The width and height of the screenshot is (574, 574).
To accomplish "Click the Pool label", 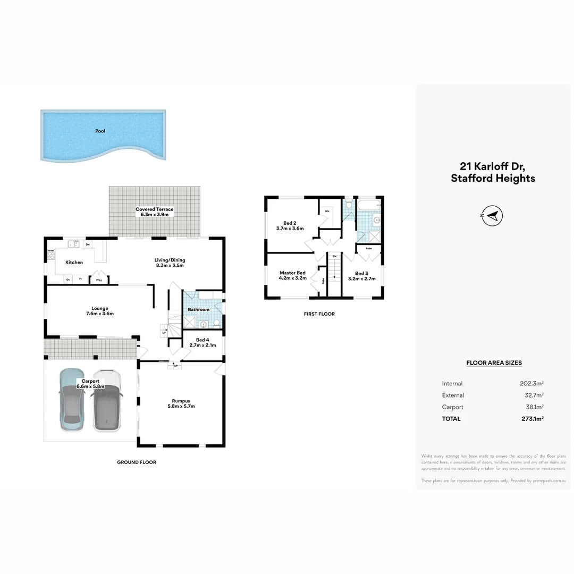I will (100, 131).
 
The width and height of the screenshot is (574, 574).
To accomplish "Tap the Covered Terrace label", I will (155, 212).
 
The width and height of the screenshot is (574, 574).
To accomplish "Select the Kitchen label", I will (74, 263).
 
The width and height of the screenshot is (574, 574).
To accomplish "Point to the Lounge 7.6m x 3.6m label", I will (99, 311).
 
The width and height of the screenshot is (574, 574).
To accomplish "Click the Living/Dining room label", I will (170, 263).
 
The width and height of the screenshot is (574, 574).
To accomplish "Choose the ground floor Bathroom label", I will (198, 309).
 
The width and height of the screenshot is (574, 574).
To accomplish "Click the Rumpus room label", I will (181, 403).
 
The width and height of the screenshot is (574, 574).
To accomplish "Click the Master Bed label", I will (293, 275).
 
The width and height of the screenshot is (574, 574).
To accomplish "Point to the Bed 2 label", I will (290, 225).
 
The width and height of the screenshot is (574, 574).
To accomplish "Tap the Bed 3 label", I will (361, 276).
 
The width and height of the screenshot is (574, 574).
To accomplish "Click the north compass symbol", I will (493, 215).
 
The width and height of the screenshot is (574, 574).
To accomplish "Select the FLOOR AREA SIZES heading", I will (494, 363).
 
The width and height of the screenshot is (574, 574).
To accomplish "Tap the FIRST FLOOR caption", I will (319, 314).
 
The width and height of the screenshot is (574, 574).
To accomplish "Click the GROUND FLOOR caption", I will (137, 462).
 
